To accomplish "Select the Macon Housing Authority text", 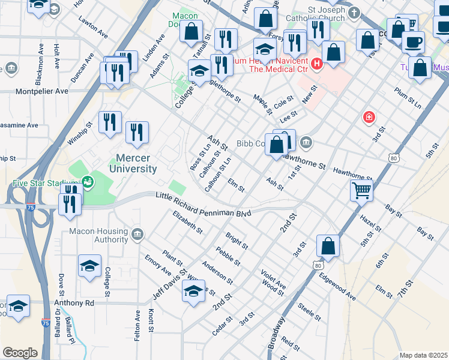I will [x=99, y=236].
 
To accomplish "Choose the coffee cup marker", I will [x=413, y=43].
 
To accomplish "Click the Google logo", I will [x=20, y=353].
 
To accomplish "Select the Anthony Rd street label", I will [x=74, y=303].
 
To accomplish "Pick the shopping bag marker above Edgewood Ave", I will [x=328, y=245].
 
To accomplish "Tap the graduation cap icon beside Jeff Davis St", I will [x=193, y=292].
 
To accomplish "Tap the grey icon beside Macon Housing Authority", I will [x=137, y=233].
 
